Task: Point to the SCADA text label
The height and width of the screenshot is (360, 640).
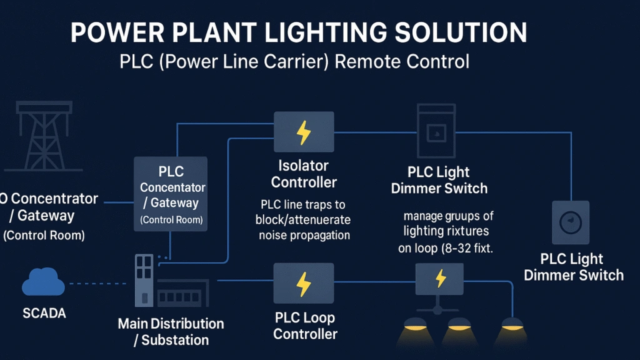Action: click(x=43, y=313)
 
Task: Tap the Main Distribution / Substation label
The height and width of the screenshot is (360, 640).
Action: click(x=171, y=332)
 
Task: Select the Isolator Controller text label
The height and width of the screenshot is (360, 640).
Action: click(x=304, y=174)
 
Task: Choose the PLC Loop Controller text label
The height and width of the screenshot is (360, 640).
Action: click(x=305, y=326)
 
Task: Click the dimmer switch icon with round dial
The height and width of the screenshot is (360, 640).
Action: click(x=570, y=222)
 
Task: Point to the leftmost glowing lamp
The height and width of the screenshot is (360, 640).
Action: click(x=415, y=325)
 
